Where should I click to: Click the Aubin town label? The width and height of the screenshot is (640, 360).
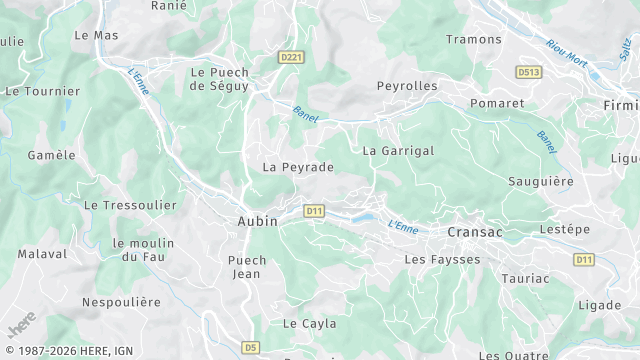tap(258, 221)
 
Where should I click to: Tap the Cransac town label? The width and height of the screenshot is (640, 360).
tap(475, 230)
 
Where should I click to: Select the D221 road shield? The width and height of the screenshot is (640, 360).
tap(291, 58)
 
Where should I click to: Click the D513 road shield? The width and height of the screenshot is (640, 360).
tap(528, 73)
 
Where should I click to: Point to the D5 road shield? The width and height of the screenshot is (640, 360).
tap(250, 347)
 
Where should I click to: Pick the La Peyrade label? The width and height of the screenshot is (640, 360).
tap(298, 167)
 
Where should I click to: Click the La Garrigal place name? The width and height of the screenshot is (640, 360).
tap(398, 151)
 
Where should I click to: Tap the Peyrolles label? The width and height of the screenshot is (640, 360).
tap(407, 86)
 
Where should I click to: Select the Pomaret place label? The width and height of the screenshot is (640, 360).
tap(497, 103)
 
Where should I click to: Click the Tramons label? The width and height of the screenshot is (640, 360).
tap(474, 39)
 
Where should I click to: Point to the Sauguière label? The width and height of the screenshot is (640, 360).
tap(541, 183)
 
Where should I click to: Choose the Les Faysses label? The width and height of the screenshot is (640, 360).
tap(442, 259)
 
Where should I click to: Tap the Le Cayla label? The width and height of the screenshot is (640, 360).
tap(309, 324)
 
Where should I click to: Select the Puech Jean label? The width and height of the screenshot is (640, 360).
tap(248, 267)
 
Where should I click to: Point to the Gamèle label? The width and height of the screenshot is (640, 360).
tap(52, 155)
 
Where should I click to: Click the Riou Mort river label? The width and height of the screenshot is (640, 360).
tap(567, 55)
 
